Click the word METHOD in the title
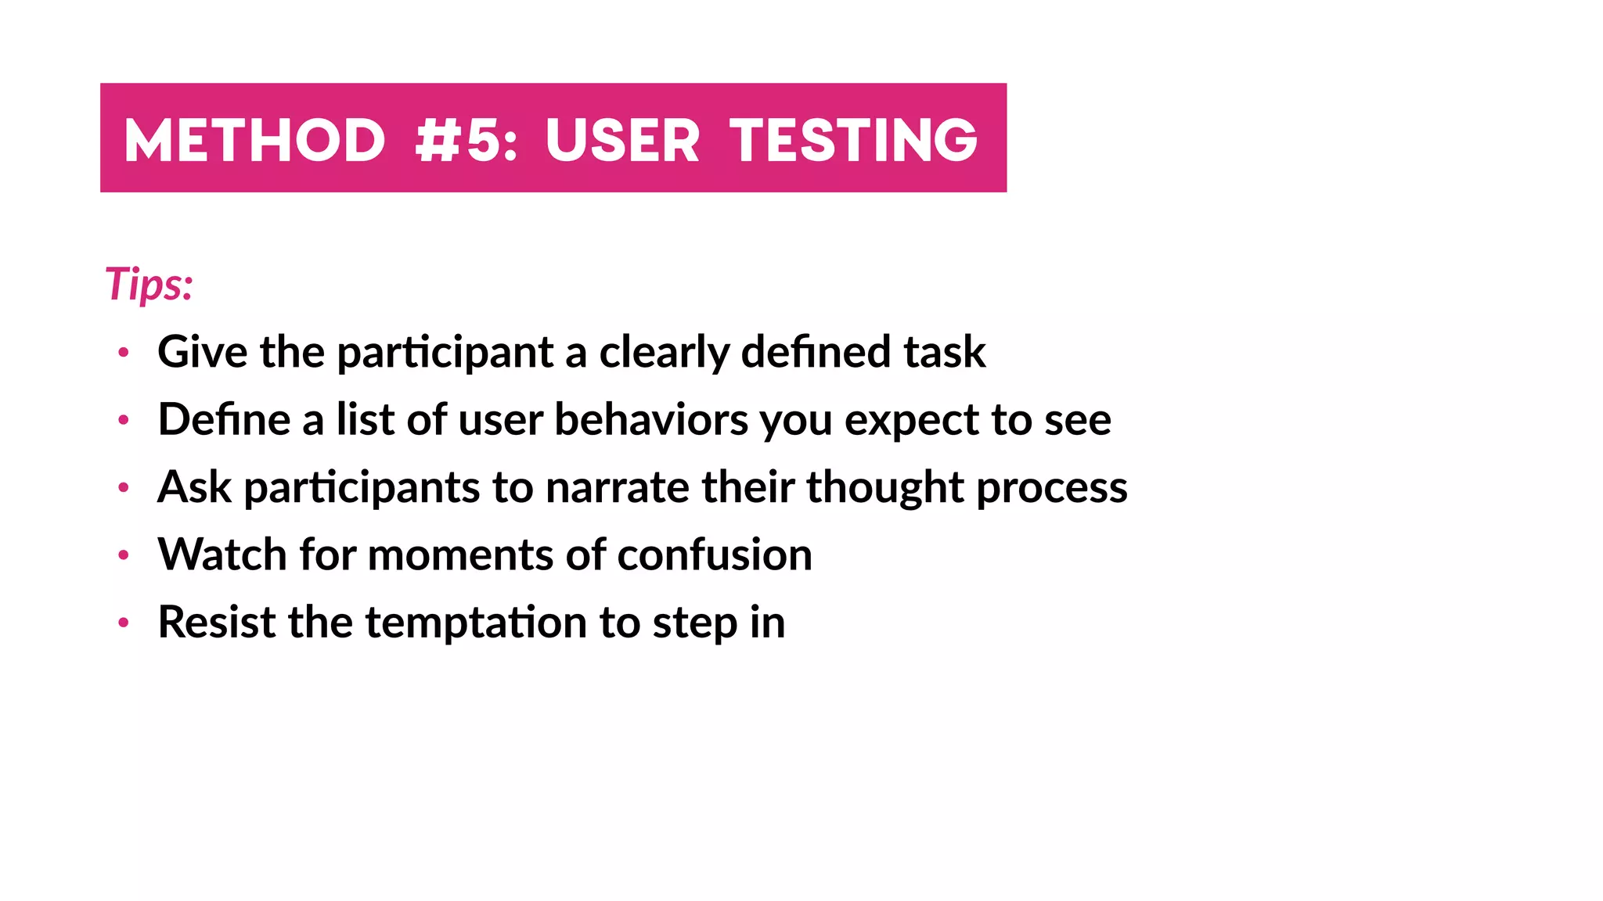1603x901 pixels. pyautogui.click(x=254, y=141)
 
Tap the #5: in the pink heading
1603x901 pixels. pyautogui.click(x=466, y=141)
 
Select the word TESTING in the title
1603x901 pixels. pyautogui.click(x=854, y=141)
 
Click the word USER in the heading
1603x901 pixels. pyautogui.click(x=622, y=141)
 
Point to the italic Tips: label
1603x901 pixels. pyautogui.click(x=149, y=284)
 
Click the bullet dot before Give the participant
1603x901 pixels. pyautogui.click(x=123, y=353)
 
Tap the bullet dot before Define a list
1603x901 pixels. pyautogui.click(x=123, y=421)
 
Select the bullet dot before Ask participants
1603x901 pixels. pyautogui.click(x=123, y=488)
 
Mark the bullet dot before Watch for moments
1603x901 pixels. pyautogui.click(x=123, y=555)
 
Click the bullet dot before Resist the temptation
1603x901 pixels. pyautogui.click(x=123, y=623)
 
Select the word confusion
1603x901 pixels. pyautogui.click(x=714, y=555)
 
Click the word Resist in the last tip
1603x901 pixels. pyautogui.click(x=217, y=623)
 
